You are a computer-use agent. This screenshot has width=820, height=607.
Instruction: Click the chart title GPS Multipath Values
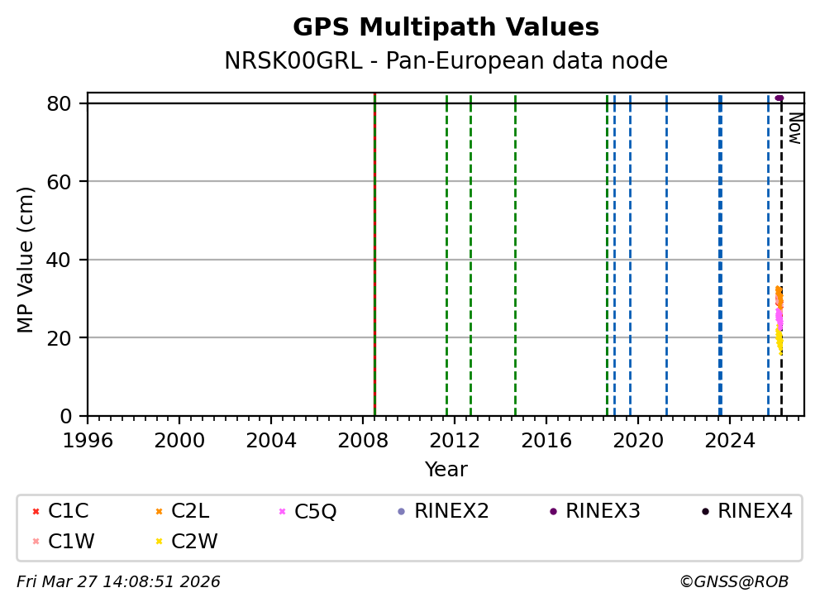(x=446, y=27)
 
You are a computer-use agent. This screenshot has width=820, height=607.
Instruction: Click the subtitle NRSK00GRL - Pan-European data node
(x=446, y=61)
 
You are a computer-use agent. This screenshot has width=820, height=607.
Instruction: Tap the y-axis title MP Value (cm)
(x=26, y=260)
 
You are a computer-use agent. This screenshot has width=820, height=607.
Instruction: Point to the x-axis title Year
(x=446, y=470)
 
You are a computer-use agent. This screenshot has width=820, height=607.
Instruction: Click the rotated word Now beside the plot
(x=794, y=128)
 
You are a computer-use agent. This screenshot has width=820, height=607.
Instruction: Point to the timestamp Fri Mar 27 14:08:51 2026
(x=118, y=582)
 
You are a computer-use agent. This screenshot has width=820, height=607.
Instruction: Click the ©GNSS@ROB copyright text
(x=734, y=582)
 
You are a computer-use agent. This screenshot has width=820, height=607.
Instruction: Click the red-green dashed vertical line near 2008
(x=374, y=248)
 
